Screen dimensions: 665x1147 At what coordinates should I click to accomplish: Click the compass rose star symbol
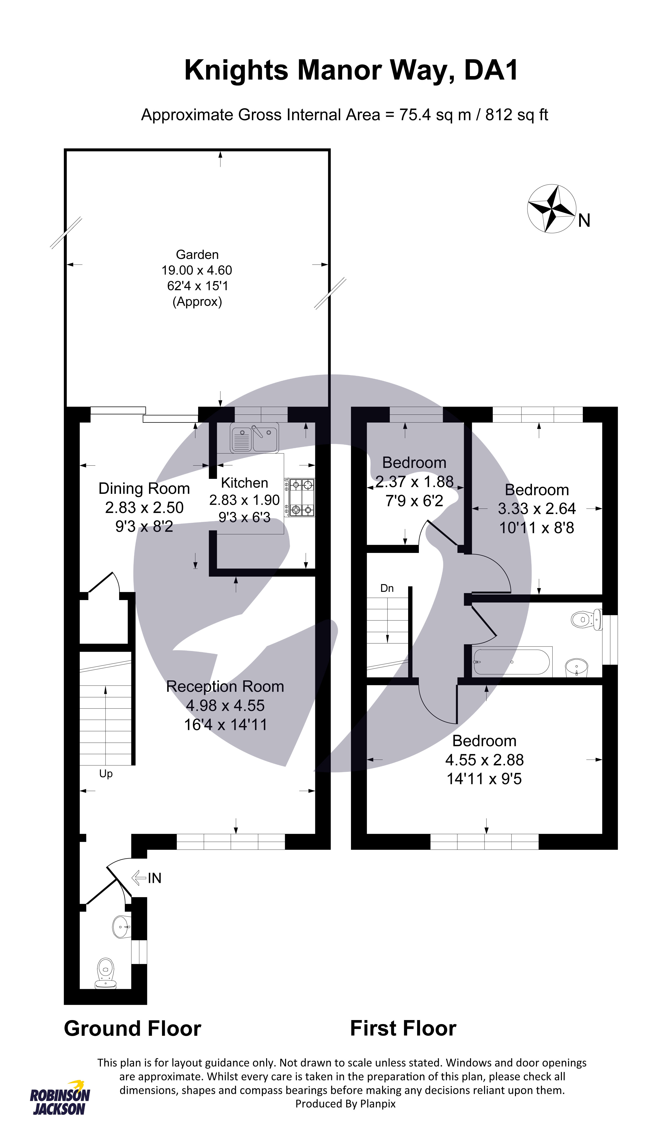click(551, 209)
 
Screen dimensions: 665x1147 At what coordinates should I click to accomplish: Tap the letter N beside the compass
click(584, 221)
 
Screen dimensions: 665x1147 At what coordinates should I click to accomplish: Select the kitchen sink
click(254, 437)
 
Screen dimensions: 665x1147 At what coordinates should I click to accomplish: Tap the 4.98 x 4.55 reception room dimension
click(225, 706)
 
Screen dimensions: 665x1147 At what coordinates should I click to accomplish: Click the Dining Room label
click(144, 488)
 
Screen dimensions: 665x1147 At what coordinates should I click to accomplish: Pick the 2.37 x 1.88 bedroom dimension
click(414, 482)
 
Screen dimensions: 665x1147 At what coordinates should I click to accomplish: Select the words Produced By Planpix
click(345, 1104)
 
